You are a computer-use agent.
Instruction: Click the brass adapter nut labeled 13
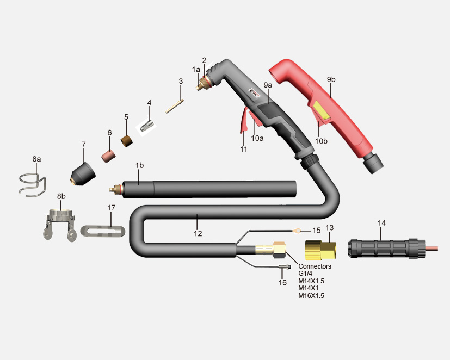(320, 250)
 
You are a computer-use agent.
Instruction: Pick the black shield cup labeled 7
(83, 174)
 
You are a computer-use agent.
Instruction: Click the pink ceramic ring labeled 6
(108, 156)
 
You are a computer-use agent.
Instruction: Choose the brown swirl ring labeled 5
(127, 140)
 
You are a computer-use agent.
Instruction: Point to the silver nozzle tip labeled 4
(147, 125)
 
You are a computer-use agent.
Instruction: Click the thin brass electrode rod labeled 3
(175, 106)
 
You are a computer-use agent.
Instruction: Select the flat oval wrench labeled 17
(103, 231)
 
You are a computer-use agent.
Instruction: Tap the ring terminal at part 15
(297, 230)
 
